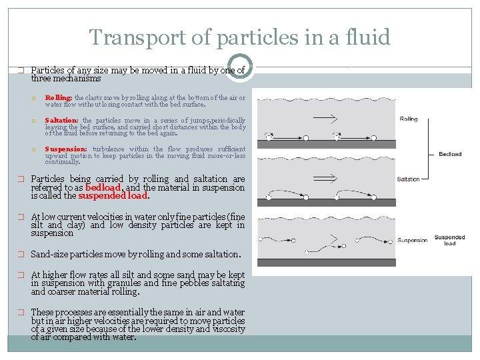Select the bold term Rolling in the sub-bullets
[58, 98]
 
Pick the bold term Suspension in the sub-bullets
[65, 149]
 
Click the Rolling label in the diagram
[409, 119]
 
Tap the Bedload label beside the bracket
[450, 154]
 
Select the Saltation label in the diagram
[409, 179]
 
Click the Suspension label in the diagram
[413, 240]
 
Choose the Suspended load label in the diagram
[450, 240]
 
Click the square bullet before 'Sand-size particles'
[21, 255]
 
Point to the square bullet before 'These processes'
[21, 313]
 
